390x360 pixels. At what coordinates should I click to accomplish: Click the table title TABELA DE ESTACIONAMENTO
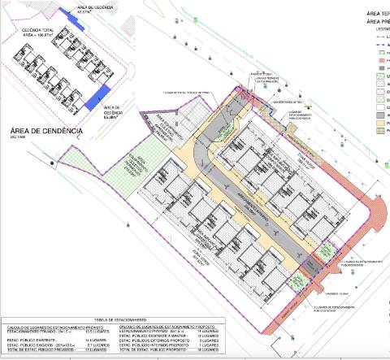click(x=114, y=321)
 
